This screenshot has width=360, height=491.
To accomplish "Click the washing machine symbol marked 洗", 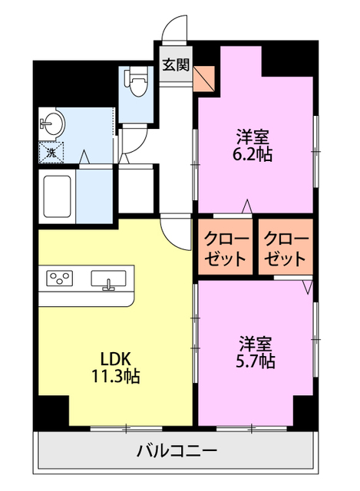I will pyautogui.click(x=51, y=151).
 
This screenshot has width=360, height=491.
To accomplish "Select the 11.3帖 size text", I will pyautogui.click(x=117, y=377).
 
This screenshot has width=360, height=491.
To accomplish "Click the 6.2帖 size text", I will pyautogui.click(x=253, y=153).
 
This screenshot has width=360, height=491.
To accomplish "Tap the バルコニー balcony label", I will pyautogui.click(x=177, y=450).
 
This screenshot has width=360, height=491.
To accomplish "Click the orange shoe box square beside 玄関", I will pyautogui.click(x=205, y=78).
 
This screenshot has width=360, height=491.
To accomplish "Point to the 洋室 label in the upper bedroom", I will pyautogui.click(x=253, y=137).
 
